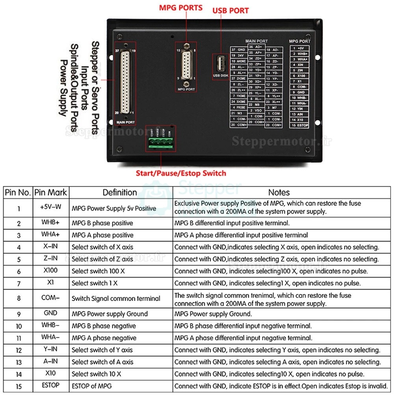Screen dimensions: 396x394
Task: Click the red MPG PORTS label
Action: tap(181, 7)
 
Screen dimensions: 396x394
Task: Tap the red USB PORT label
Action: tap(230, 11)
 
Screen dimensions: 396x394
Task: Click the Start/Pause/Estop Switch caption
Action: tap(181, 173)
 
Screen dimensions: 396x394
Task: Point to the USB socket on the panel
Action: tap(220, 64)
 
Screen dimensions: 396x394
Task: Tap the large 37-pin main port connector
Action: tap(125, 83)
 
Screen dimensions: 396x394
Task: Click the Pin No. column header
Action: tap(18, 193)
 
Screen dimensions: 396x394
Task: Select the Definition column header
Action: tap(120, 193)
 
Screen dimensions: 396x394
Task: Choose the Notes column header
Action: tap(279, 193)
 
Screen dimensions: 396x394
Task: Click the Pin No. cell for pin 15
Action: tap(19, 386)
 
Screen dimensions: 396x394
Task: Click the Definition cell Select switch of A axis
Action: tap(102, 362)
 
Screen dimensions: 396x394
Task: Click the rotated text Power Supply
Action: tap(63, 87)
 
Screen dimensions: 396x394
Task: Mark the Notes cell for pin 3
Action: tap(241, 235)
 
